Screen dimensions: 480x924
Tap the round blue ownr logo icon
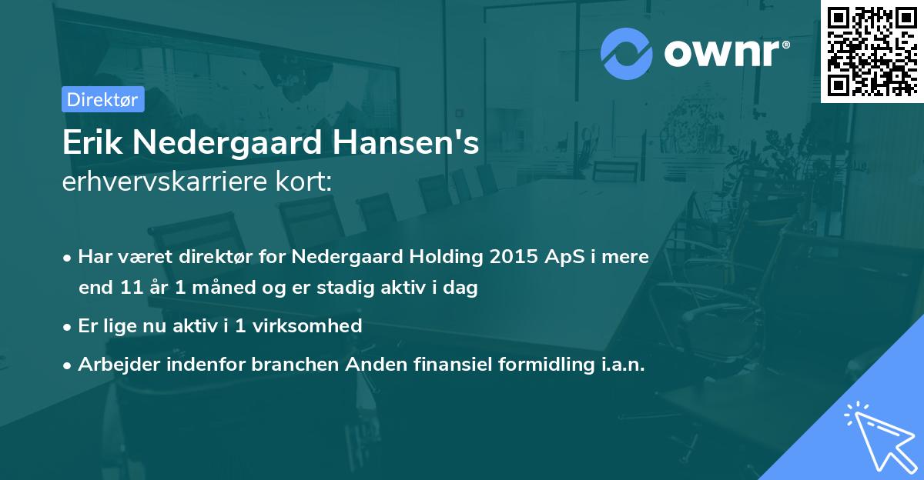pyautogui.click(x=627, y=54)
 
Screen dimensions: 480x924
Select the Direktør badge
pyautogui.click(x=102, y=99)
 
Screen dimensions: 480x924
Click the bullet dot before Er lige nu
pyautogui.click(x=69, y=327)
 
